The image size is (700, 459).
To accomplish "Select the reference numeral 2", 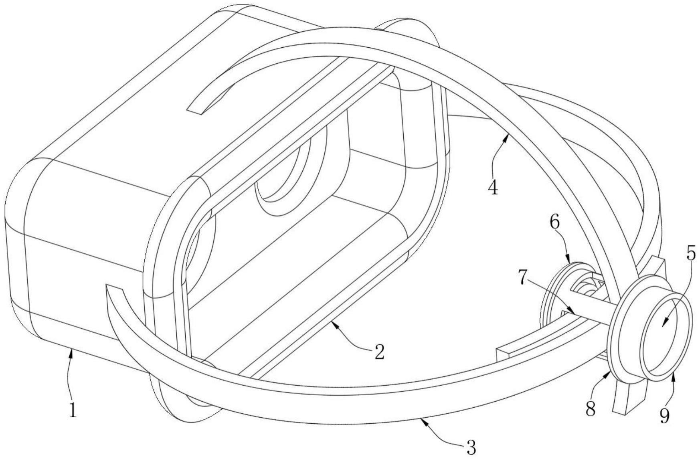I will [379, 352].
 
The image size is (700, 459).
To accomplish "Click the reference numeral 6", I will [555, 223].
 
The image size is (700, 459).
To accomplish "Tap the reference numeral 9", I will [664, 417].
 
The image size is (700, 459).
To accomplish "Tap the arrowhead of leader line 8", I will [610, 372].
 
